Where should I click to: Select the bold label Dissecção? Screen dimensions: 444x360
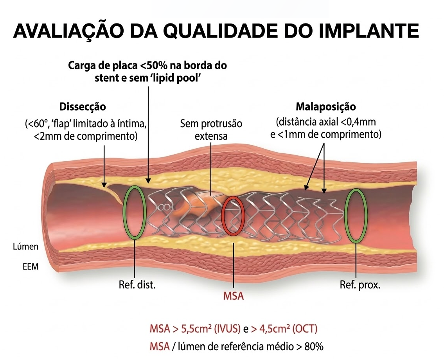83,106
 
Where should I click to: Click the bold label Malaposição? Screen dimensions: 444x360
326,106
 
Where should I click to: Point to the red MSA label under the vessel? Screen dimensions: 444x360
234,296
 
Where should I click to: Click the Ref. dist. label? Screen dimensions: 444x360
137,284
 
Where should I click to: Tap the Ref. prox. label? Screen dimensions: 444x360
360,284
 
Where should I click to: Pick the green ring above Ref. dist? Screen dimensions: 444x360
134,212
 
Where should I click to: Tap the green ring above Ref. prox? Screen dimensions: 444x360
357,215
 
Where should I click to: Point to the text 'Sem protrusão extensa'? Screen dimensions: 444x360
211,130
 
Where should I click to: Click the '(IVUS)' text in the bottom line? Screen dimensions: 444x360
226,329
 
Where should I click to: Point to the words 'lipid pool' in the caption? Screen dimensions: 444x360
183,78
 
